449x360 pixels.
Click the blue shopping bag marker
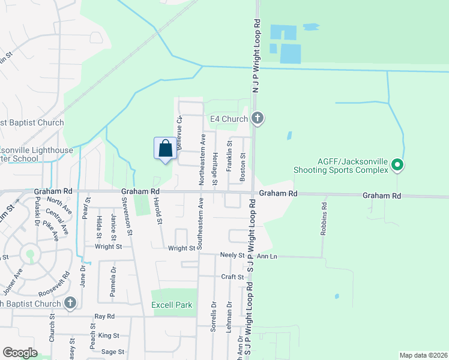166,148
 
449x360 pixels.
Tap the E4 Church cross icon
258,118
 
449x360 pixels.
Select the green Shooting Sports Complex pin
396,164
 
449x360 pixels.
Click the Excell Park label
172,305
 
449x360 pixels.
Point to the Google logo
20,353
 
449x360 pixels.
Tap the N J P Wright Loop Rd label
256,53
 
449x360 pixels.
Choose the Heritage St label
214,164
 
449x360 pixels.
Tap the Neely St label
234,256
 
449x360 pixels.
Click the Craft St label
232,277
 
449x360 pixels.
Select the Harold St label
158,212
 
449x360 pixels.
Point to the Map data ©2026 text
423,355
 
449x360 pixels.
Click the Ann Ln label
267,256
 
